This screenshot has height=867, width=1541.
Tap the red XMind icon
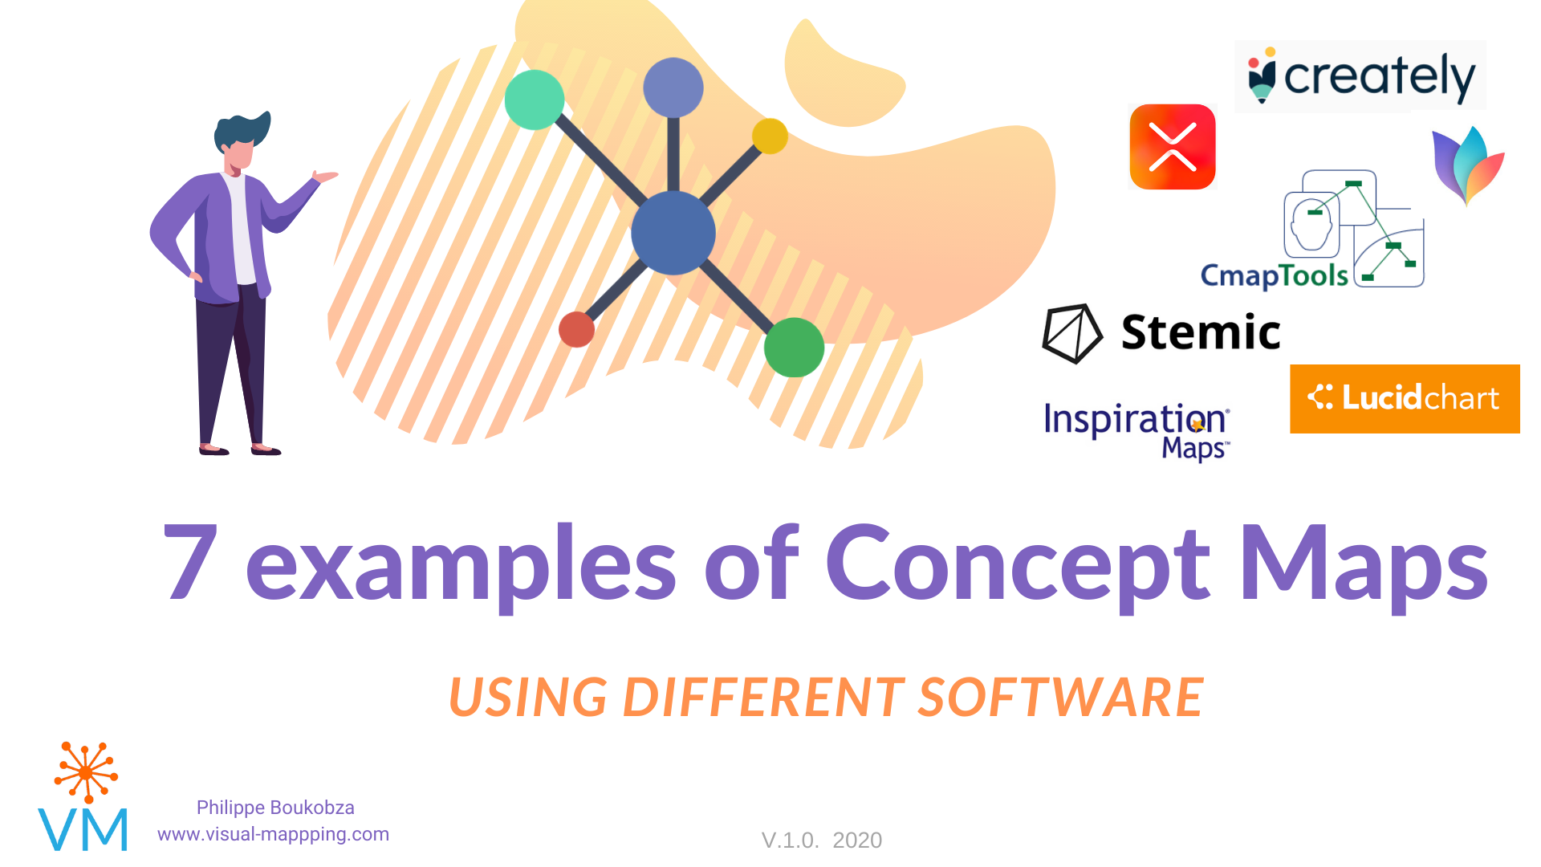pos(1173,147)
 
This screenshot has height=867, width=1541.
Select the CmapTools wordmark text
pos(1274,275)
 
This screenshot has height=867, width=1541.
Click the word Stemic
pos(1200,332)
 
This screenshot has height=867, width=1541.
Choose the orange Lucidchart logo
pos(1405,399)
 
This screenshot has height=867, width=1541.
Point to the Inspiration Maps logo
pos(1136,429)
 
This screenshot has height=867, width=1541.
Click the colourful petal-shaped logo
pos(1468,165)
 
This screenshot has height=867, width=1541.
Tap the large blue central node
pos(673,233)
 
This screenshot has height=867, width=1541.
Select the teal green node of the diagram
pos(535,100)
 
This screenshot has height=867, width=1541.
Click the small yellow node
pos(770,136)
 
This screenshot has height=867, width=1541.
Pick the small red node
pos(576,329)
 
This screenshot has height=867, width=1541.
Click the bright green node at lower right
pos(794,347)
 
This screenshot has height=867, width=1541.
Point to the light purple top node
pos(673,88)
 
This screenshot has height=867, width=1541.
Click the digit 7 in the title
pos(191,562)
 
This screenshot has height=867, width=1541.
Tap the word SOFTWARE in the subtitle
pos(1060,697)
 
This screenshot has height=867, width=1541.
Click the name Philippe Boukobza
pos(275,808)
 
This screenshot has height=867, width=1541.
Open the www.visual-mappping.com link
pos(273,834)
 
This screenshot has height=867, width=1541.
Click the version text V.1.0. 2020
pos(821,841)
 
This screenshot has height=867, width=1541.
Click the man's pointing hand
pos(325,177)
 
